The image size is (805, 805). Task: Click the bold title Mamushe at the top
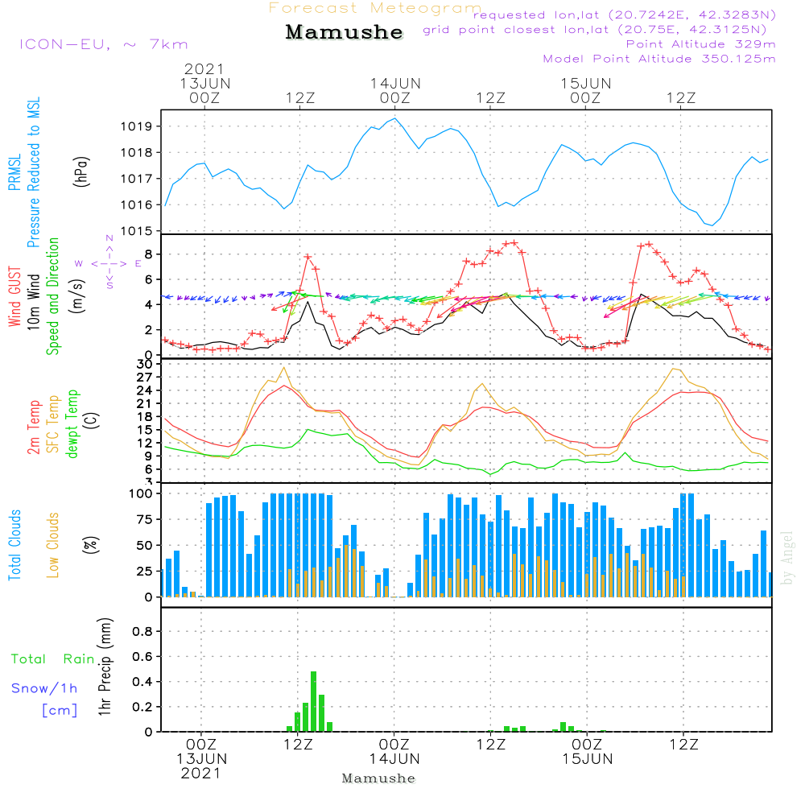click(344, 32)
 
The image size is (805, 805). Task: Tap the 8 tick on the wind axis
click(149, 254)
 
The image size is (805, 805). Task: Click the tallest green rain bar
click(313, 700)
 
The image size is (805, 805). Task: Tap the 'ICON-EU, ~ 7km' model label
click(103, 44)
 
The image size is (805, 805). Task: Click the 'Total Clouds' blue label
click(14, 544)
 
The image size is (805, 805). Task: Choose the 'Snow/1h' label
click(45, 688)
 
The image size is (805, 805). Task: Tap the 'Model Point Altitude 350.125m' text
click(659, 59)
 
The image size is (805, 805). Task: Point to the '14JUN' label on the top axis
click(395, 83)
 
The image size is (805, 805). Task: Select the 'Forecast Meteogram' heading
click(375, 8)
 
